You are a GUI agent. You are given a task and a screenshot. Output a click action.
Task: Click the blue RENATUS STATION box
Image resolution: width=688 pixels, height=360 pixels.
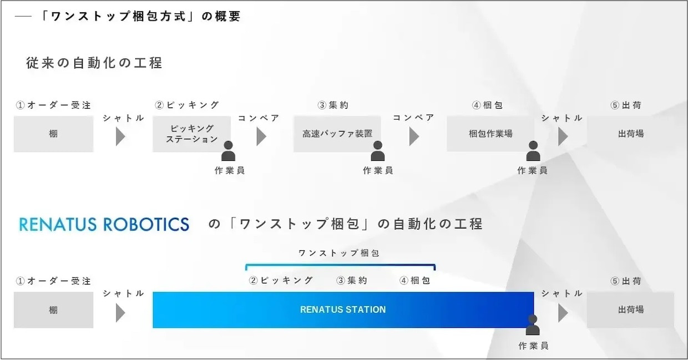tap(343, 310)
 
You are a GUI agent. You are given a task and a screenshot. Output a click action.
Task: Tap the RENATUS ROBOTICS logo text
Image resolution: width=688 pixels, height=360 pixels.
tap(104, 224)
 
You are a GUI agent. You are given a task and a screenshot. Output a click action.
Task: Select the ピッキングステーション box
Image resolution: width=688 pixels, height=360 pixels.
tap(191, 134)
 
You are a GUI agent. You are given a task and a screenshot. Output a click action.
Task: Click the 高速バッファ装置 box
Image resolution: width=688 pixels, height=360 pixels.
tap(337, 134)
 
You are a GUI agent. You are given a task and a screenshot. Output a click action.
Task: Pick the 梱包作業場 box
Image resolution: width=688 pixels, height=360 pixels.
tap(490, 134)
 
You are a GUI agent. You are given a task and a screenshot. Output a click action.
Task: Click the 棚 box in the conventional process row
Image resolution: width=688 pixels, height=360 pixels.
tap(53, 134)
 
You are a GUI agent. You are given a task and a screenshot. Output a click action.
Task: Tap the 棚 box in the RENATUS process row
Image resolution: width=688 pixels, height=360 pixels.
tap(53, 310)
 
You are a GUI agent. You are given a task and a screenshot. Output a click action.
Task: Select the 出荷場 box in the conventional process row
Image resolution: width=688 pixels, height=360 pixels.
tap(630, 134)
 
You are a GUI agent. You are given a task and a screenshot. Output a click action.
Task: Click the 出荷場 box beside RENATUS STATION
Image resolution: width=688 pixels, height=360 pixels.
tap(630, 310)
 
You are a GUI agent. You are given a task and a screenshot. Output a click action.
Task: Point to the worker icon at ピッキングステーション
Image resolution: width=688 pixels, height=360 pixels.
tap(228, 151)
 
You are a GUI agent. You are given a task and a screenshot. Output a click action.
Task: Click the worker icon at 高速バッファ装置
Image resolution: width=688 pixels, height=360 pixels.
tap(378, 151)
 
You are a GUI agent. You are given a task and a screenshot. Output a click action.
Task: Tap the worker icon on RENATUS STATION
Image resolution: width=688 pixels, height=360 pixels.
tap(533, 325)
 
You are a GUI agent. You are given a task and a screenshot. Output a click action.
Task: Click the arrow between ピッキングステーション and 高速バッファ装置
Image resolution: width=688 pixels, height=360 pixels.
tap(261, 136)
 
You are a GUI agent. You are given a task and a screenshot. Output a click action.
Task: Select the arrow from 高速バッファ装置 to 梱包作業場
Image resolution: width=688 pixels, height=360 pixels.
tap(414, 136)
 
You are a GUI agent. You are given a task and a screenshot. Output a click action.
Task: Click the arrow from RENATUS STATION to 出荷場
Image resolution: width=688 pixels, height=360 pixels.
tap(563, 313)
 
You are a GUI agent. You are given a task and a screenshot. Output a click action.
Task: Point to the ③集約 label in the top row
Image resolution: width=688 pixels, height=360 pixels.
tap(333, 105)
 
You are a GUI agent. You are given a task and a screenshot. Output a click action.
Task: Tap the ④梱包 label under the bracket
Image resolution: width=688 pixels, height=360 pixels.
tap(414, 281)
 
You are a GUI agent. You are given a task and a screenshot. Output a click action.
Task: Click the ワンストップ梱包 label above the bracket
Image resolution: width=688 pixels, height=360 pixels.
tap(339, 253)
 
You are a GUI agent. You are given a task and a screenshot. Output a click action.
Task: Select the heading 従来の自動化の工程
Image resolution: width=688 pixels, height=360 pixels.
tap(94, 63)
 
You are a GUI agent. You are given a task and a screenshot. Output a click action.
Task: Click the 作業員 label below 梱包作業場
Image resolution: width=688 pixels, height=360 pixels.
tap(532, 170)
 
